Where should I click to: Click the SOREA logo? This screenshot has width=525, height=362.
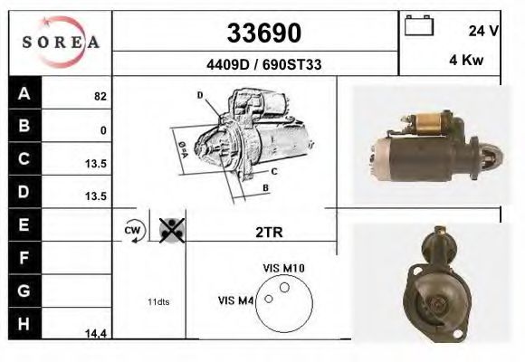coord(60,42)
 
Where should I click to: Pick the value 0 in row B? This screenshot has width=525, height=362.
coord(103,130)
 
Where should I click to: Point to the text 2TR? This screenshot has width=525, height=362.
coord(269,232)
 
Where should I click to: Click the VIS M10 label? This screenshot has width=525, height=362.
coord(283,268)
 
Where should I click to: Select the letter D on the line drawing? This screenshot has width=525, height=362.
coord(199,95)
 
